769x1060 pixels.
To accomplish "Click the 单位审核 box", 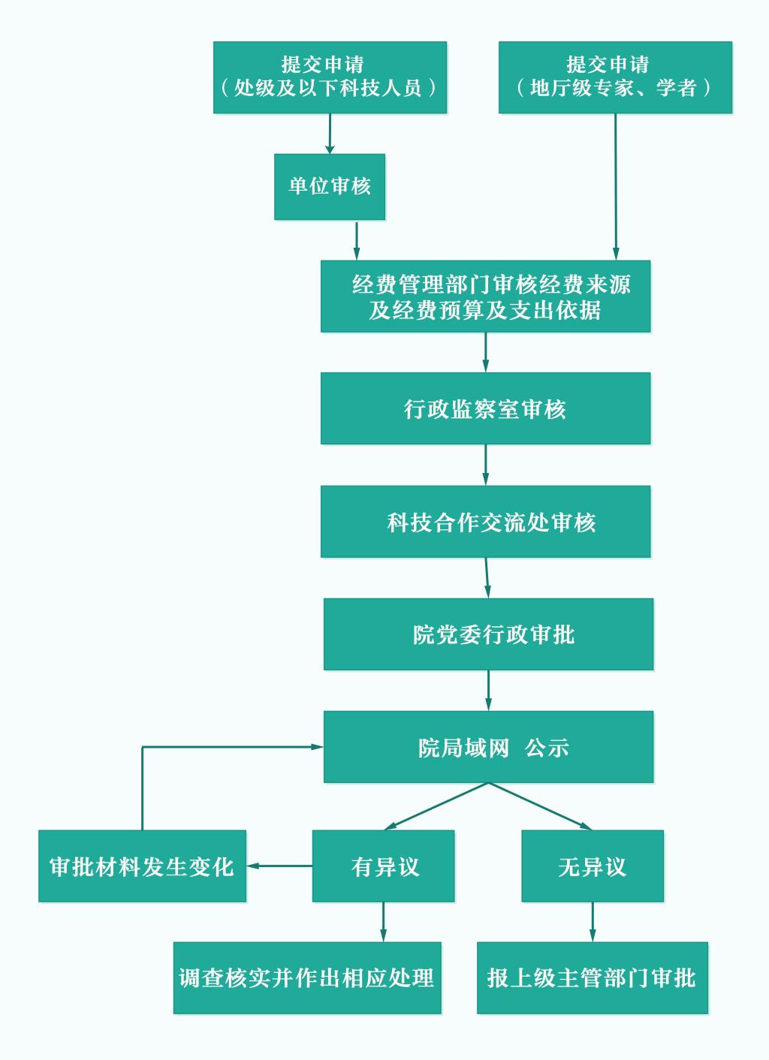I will coord(330,187).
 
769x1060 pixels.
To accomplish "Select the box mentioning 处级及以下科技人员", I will coord(330,77).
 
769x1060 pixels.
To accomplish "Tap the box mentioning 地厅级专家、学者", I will coord(615,77).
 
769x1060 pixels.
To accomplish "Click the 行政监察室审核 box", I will coord(485,408).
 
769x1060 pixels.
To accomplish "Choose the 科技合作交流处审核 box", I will coord(485,522).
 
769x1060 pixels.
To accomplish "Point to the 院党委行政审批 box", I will coord(488,634).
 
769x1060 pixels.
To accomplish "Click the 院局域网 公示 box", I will coord(488,747).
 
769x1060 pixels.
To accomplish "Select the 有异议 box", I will coord(384,866).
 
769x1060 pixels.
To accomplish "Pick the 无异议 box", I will coord(593,866).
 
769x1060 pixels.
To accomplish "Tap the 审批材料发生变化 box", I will coord(143,866).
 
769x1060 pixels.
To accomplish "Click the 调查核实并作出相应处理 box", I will coord(307,978).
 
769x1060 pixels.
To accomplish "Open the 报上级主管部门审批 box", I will coord(593,978).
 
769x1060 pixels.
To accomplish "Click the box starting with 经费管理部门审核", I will coord(485,297).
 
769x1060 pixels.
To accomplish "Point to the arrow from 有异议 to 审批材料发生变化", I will coord(279,866).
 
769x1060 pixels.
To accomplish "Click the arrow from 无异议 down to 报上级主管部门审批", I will coord(593,922).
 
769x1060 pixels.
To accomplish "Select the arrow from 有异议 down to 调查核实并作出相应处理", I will coord(384,922).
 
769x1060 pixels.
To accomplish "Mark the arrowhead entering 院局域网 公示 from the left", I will coord(318,747).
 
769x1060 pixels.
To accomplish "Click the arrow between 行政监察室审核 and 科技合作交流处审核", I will coord(486,465).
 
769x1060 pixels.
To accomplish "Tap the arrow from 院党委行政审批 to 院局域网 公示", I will coord(489,691).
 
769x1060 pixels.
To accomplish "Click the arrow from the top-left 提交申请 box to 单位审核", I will coord(330,134).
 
